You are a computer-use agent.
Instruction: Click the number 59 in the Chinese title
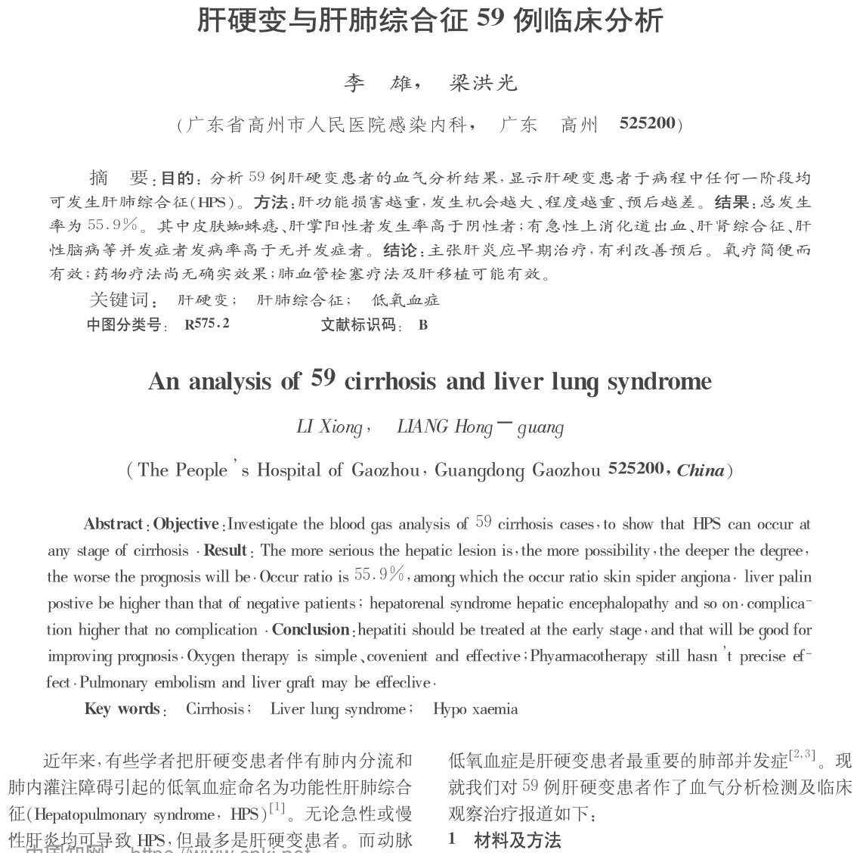click(490, 17)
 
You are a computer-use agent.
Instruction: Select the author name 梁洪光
click(483, 83)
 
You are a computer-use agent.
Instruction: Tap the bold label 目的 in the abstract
click(178, 179)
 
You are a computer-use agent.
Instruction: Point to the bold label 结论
click(400, 250)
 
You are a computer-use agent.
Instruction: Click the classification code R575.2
click(206, 324)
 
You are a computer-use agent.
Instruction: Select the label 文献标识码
click(358, 325)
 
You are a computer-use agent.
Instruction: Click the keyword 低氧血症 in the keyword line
click(406, 300)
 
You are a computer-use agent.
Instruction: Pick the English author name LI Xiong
click(329, 427)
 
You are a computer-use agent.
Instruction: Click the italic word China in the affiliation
click(700, 470)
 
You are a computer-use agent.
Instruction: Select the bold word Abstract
click(113, 524)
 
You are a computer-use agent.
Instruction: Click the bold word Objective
click(186, 524)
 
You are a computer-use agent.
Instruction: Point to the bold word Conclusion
click(310, 630)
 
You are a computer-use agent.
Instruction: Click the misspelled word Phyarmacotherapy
click(589, 656)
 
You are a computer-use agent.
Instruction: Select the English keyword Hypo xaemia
click(475, 709)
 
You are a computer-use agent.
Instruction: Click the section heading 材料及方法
click(518, 839)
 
